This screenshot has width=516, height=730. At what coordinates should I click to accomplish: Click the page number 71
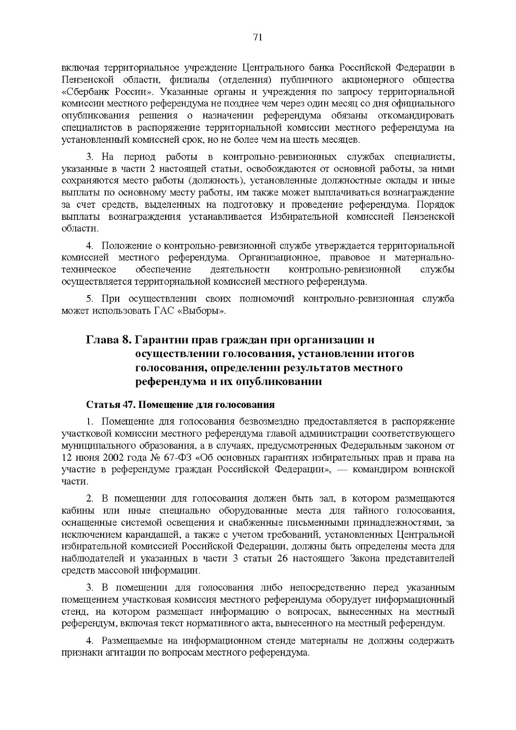(258, 37)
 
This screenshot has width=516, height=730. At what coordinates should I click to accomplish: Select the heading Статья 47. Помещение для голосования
(181, 405)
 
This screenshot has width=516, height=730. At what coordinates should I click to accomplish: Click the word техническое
(89, 270)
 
